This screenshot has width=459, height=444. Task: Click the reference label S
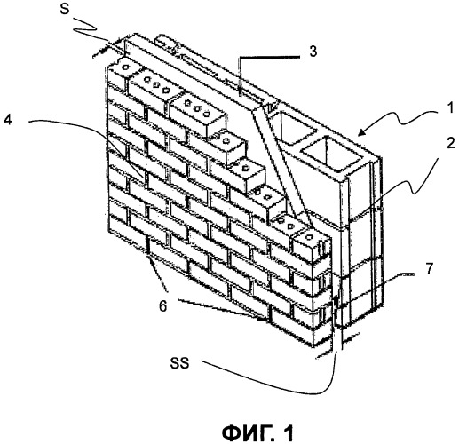tap(64, 9)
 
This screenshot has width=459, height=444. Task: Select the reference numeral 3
tap(313, 51)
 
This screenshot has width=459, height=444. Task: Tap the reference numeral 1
tap(450, 108)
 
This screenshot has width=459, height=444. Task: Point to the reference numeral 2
tap(450, 144)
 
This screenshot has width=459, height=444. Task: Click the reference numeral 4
tap(7, 119)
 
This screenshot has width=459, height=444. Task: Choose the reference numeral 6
tap(162, 306)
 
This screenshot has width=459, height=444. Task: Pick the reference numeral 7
tap(429, 268)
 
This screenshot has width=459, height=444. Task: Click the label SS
tap(179, 363)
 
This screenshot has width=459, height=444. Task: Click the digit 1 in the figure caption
tap(288, 433)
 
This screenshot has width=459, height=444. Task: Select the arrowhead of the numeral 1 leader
tap(361, 132)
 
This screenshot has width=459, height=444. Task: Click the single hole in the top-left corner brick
tap(126, 67)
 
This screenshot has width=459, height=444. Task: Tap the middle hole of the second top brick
tap(156, 84)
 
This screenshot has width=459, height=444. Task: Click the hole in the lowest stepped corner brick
tap(310, 236)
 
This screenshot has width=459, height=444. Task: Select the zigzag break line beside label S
tap(86, 28)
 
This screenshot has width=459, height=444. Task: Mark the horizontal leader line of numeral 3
tap(269, 57)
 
